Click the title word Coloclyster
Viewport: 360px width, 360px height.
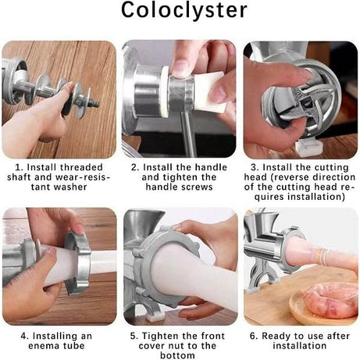pos(184,11)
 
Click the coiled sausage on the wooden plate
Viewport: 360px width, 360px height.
pos(331,300)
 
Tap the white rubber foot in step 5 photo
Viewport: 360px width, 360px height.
pos(155,316)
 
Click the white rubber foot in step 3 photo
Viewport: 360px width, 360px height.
pos(309,148)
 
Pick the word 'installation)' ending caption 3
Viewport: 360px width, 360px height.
pos(316,197)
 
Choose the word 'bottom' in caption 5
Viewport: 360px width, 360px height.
pos(177,355)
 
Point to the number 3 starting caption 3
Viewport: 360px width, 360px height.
pos(254,167)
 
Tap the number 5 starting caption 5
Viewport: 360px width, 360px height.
pos(133,336)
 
